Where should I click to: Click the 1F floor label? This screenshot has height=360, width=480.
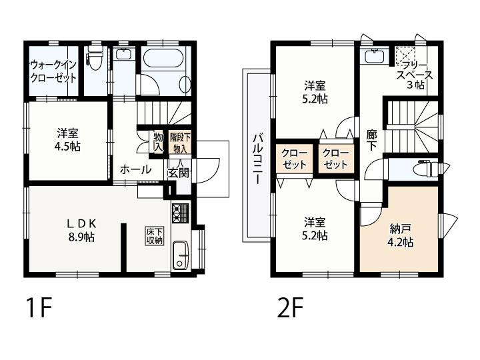click(39, 307)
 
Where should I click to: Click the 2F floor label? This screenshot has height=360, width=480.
click(291, 307)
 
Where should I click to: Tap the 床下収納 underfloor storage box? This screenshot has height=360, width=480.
click(155, 236)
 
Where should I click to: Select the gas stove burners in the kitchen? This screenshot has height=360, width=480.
click(181, 212)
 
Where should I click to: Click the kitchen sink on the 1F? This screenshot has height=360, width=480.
click(181, 255)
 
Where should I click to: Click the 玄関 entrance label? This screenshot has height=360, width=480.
click(178, 173)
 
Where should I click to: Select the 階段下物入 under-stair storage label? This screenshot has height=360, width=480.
click(180, 143)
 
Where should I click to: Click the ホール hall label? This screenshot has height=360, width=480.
click(135, 169)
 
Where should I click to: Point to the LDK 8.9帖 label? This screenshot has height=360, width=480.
click(81, 230)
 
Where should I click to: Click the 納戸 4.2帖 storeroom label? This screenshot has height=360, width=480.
click(401, 235)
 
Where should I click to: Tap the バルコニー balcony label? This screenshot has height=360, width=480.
click(258, 159)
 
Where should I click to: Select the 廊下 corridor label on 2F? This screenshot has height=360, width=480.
click(372, 140)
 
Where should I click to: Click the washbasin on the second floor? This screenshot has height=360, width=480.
click(375, 56)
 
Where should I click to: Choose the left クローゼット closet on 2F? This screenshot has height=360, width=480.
click(294, 159)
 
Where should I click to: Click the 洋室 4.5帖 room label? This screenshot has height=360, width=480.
click(67, 140)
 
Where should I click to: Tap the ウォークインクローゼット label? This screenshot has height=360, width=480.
click(53, 71)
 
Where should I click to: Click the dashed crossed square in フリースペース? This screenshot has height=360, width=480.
click(405, 55)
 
